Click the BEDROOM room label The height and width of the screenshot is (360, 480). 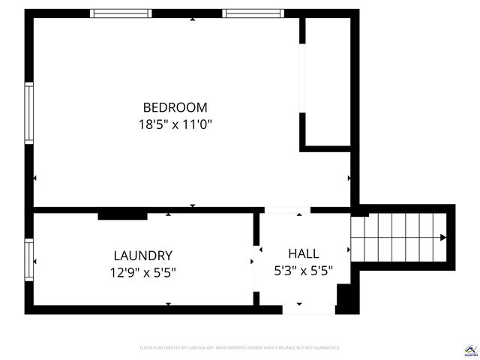(x=175, y=107)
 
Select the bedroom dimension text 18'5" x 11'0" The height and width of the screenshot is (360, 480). (x=175, y=125)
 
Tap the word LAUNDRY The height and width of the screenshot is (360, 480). (x=142, y=255)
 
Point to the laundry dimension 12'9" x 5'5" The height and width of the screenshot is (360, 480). (x=142, y=272)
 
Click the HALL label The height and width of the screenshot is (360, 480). (x=303, y=253)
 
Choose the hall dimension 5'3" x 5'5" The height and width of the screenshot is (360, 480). (x=303, y=271)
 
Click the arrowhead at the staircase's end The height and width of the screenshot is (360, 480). (x=442, y=238)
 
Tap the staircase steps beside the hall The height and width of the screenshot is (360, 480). (x=397, y=238)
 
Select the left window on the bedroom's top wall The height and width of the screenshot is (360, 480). (x=121, y=13)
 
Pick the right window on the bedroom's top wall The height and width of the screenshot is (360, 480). (x=253, y=13)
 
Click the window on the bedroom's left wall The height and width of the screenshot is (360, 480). (x=29, y=113)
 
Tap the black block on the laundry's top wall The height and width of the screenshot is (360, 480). (x=122, y=216)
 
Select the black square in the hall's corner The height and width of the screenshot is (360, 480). (x=345, y=298)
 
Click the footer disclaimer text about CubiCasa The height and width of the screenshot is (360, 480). (x=240, y=348)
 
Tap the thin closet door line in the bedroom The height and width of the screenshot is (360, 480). (x=301, y=82)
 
